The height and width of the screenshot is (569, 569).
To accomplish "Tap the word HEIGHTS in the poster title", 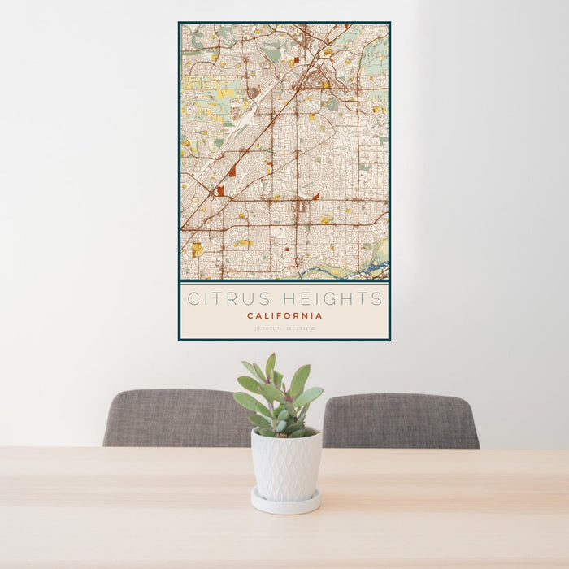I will pos(332,298).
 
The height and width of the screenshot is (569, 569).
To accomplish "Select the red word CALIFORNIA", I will pos(284,315).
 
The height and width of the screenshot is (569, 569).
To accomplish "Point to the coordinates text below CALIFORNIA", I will pos(284,328).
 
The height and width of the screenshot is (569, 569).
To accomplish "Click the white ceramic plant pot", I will pos(285,465).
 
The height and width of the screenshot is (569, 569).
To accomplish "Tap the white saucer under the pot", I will pos(285,502).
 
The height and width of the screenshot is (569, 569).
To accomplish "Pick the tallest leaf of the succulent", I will pos(270,367).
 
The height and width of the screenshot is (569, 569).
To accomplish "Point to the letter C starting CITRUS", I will pos(193,298).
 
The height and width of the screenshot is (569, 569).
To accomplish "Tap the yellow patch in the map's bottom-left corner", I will pos(197,249).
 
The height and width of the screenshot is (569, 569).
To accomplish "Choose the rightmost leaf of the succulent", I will pos(310,396).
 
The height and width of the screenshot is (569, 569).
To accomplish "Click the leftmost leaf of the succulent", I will pos(245,401).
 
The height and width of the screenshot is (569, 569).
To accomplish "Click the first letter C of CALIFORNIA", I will pos(250,315).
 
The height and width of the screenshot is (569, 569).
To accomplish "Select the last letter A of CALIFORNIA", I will pos(319,315).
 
